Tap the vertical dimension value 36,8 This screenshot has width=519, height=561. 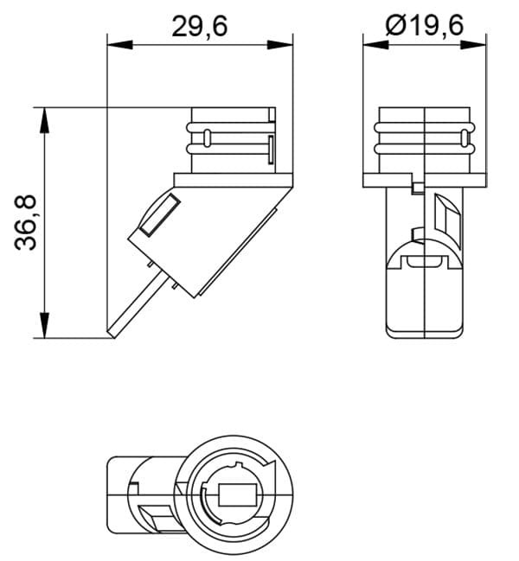(x=28, y=222)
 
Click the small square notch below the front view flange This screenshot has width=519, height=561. (x=419, y=188)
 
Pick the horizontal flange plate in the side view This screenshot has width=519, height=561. (x=234, y=181)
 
